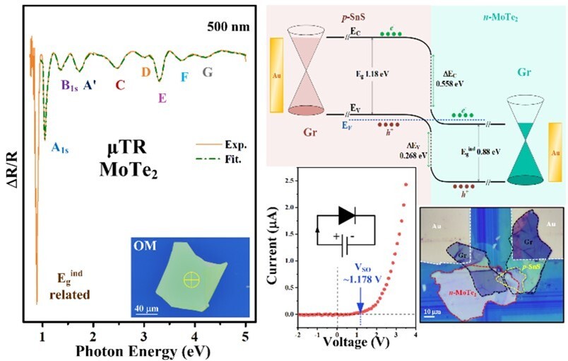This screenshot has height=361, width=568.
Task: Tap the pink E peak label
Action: point(162,98)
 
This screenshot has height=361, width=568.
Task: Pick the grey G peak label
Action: point(207,71)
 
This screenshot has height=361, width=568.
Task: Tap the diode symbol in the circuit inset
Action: point(347,214)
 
